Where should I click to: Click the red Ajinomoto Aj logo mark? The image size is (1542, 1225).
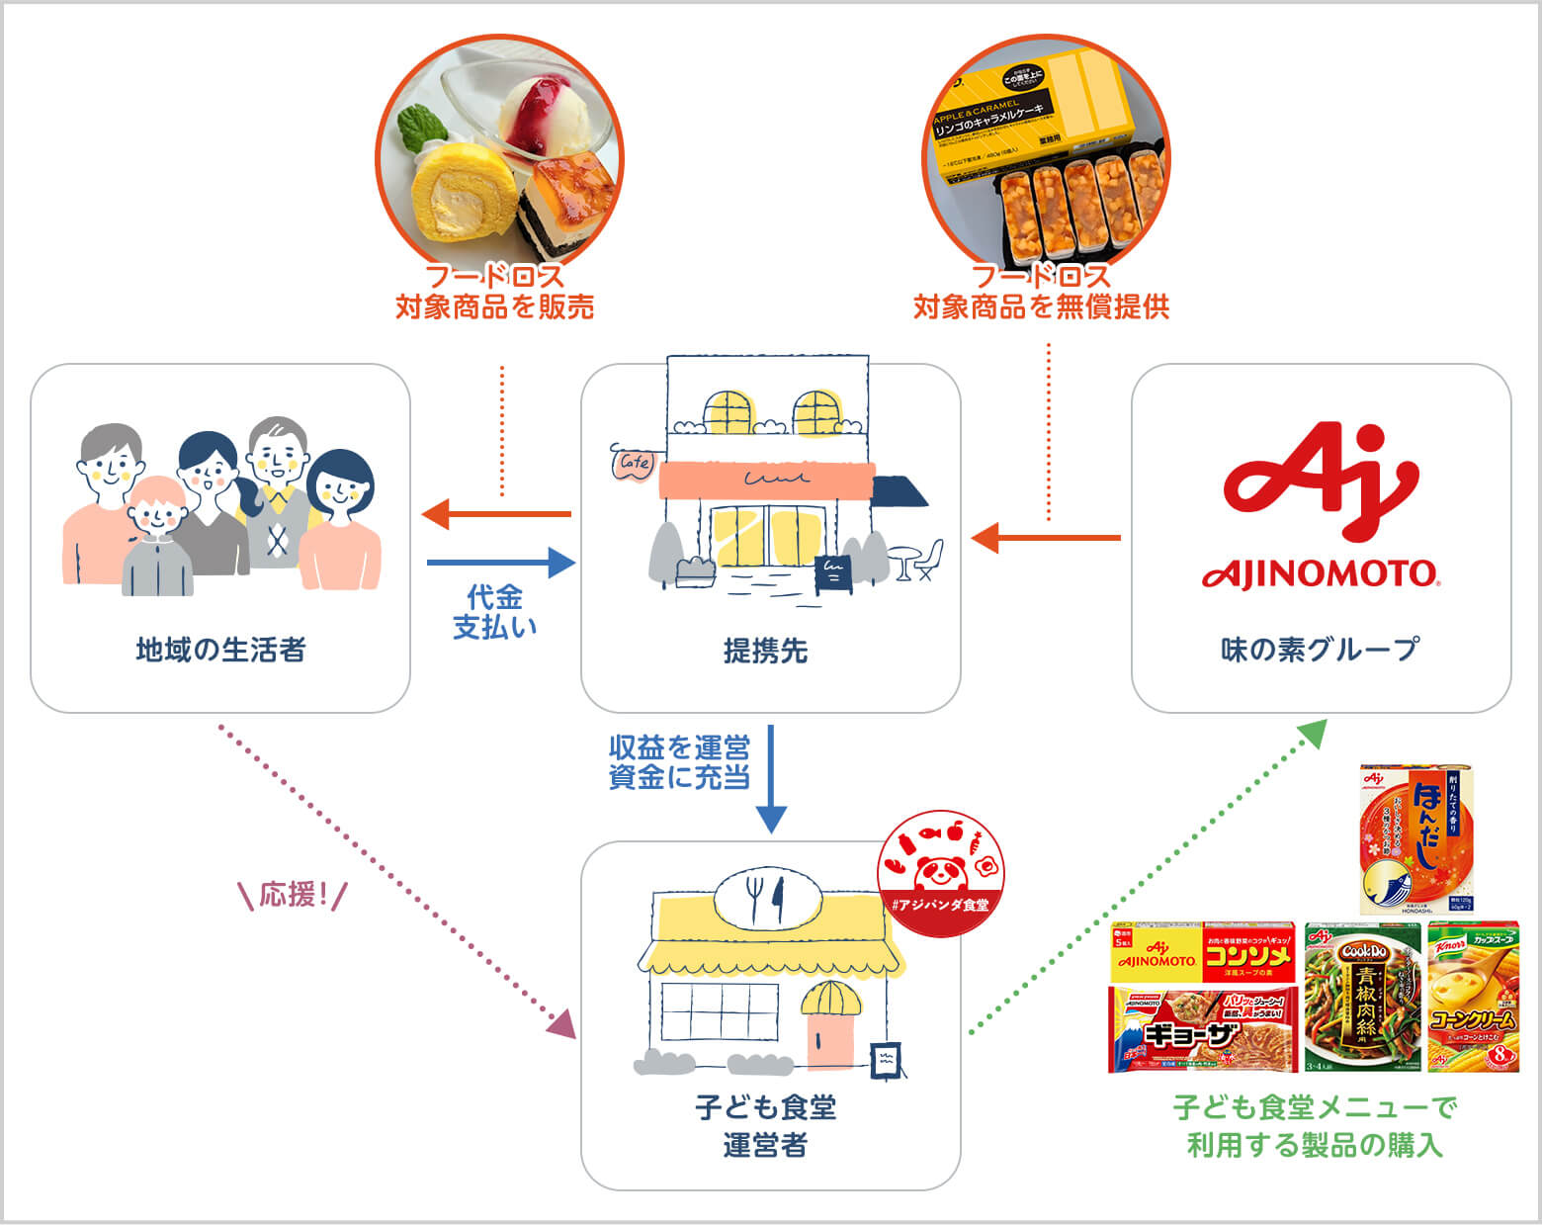(1320, 485)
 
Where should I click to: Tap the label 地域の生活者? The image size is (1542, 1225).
(220, 650)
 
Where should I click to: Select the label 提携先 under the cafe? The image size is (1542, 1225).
(766, 651)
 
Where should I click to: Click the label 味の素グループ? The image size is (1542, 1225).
(1320, 650)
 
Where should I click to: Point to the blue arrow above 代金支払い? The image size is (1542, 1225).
(500, 563)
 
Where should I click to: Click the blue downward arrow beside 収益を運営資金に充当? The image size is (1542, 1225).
(771, 781)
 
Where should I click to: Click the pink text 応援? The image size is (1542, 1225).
(293, 896)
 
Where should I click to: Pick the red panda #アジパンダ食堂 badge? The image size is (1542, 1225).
(940, 869)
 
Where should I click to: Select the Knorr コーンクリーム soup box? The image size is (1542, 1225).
(1472, 996)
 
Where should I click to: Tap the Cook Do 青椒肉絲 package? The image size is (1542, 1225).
(1361, 997)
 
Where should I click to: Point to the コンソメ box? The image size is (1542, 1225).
(1202, 953)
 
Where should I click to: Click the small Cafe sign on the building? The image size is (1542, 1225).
(634, 463)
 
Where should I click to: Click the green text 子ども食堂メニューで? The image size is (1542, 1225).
(1315, 1107)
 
